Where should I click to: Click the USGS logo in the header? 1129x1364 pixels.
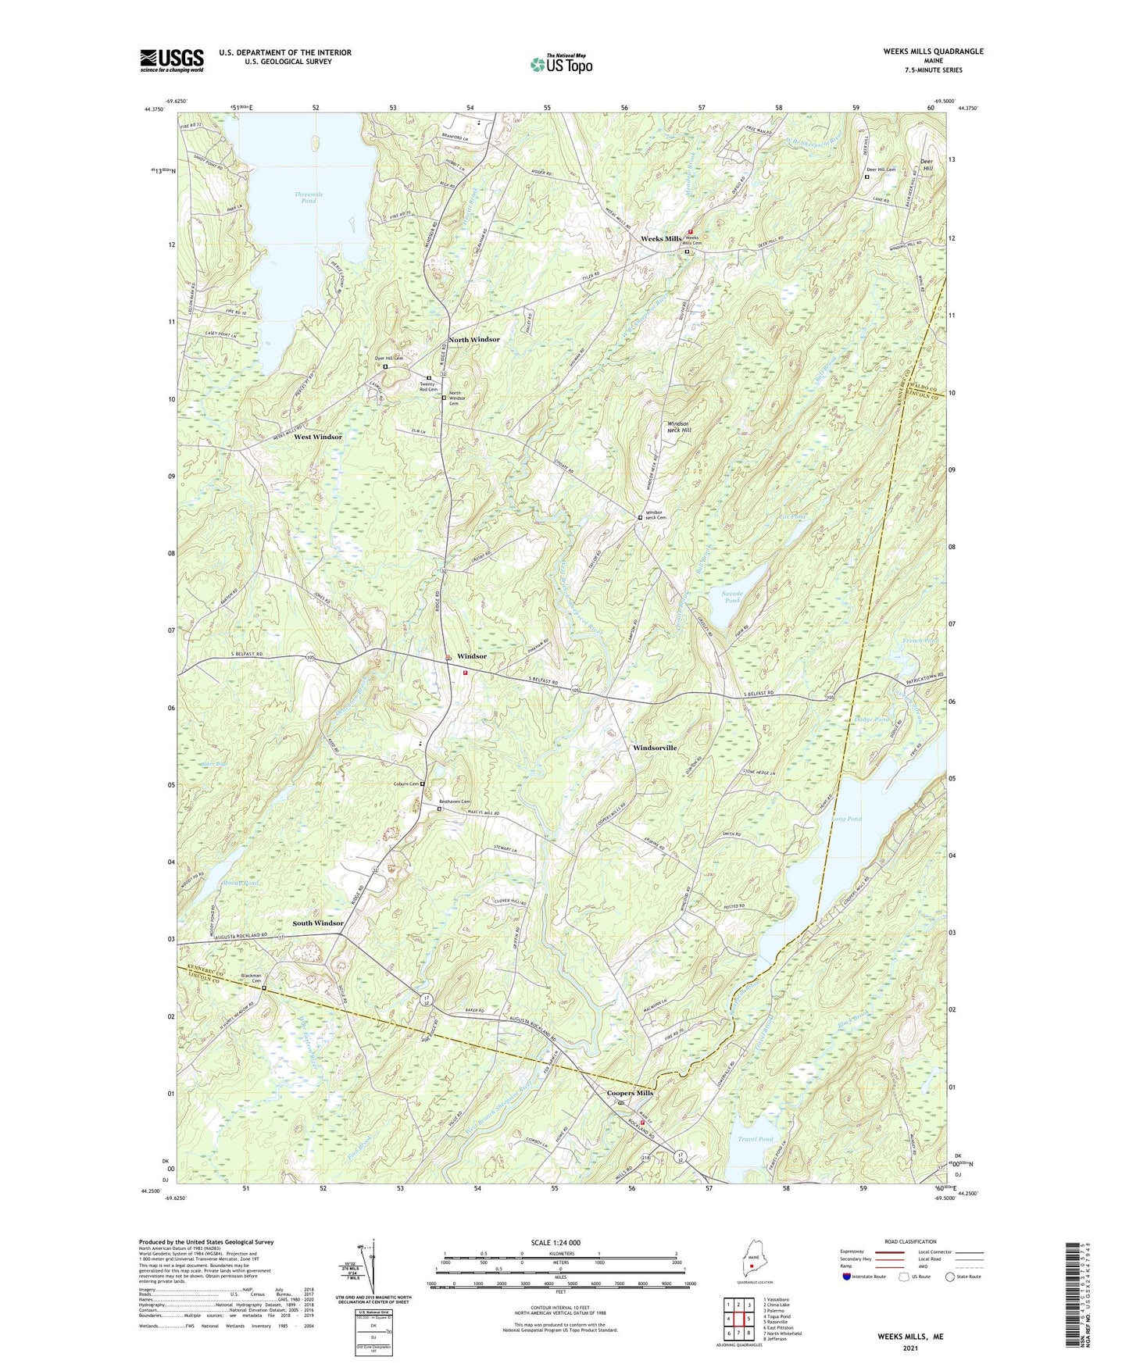coord(172,60)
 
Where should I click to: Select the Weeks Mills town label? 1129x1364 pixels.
coord(661,238)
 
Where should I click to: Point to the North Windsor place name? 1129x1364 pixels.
coord(473,340)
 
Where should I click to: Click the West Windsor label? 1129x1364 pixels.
coord(317,437)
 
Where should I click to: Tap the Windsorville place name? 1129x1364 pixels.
coord(654,748)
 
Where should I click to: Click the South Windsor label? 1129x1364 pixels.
coord(317,923)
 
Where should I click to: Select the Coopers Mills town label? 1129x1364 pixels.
coord(630,1093)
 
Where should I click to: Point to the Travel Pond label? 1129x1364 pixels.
coord(755,1139)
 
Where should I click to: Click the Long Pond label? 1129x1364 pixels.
coord(848,819)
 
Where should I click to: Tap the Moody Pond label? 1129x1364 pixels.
coord(240,883)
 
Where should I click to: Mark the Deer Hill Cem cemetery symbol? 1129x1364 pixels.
coord(866,177)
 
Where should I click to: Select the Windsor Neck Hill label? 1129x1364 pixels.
coord(678,427)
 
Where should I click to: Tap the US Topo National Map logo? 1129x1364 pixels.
coord(560,63)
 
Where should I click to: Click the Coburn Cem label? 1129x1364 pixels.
coord(406,784)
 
